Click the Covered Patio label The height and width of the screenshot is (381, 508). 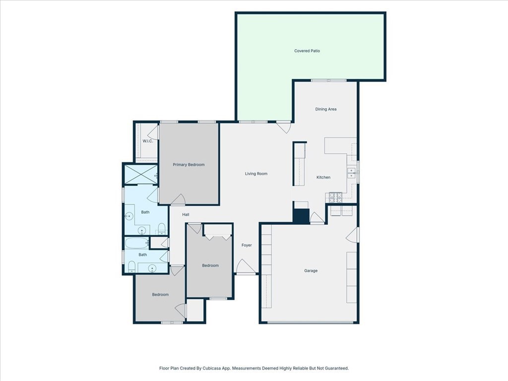307,51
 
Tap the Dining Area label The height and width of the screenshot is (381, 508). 325,109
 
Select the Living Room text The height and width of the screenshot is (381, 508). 256,174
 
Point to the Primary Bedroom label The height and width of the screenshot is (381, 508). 189,165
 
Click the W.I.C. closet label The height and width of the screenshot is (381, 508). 148,141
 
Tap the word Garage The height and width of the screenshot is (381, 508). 311,270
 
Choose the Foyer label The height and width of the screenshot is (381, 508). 247,245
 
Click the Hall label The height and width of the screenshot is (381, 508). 186,214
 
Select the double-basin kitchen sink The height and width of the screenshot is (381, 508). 351,173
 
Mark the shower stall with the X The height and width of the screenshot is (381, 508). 140,174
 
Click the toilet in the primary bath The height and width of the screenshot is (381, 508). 162,228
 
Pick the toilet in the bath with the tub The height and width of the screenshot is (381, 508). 131,266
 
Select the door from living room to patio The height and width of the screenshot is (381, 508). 283,127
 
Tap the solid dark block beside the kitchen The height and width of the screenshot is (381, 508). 301,216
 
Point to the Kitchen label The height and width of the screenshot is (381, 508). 323,177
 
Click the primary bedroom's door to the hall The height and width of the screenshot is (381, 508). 178,199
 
